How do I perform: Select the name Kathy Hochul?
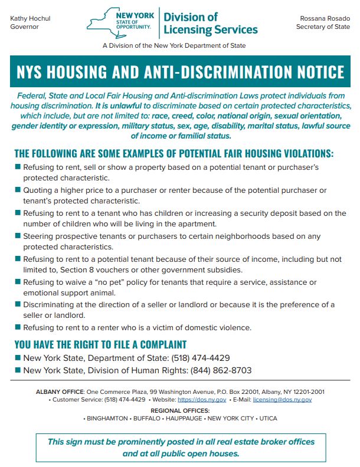pos(30,18)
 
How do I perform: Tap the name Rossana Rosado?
pos(324,18)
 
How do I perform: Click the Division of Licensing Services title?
pos(210,23)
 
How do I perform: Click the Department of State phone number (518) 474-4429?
pos(201,358)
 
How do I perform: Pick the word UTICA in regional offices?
pos(266,418)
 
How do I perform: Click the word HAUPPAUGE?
pos(184,418)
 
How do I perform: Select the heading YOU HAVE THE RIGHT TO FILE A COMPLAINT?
pos(100,344)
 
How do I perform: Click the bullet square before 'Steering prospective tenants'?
pos(18,236)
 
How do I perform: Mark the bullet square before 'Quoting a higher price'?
pos(18,190)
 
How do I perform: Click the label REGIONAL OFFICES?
pos(180,410)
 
